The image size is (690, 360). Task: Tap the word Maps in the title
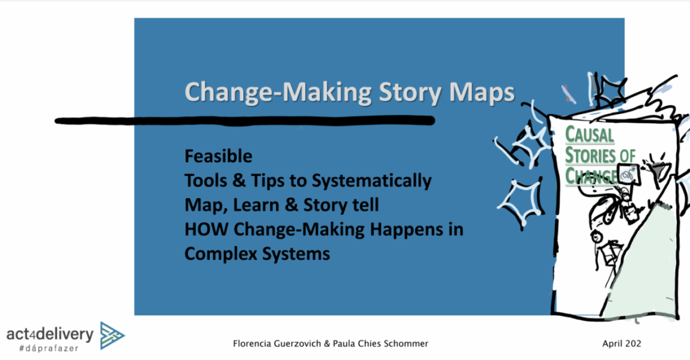point(481,93)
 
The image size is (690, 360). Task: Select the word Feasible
point(218,156)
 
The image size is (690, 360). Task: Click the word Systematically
point(371,181)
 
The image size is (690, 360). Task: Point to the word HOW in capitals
point(206,229)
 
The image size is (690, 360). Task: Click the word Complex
point(221,255)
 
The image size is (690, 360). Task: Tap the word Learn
point(256,205)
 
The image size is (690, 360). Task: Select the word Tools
point(206,181)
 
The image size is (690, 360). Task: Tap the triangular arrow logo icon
point(112,336)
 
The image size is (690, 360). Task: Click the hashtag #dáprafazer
point(49,348)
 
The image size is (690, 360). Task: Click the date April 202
point(622,344)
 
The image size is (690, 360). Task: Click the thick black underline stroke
point(245,121)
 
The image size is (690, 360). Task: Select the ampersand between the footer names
point(327,343)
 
